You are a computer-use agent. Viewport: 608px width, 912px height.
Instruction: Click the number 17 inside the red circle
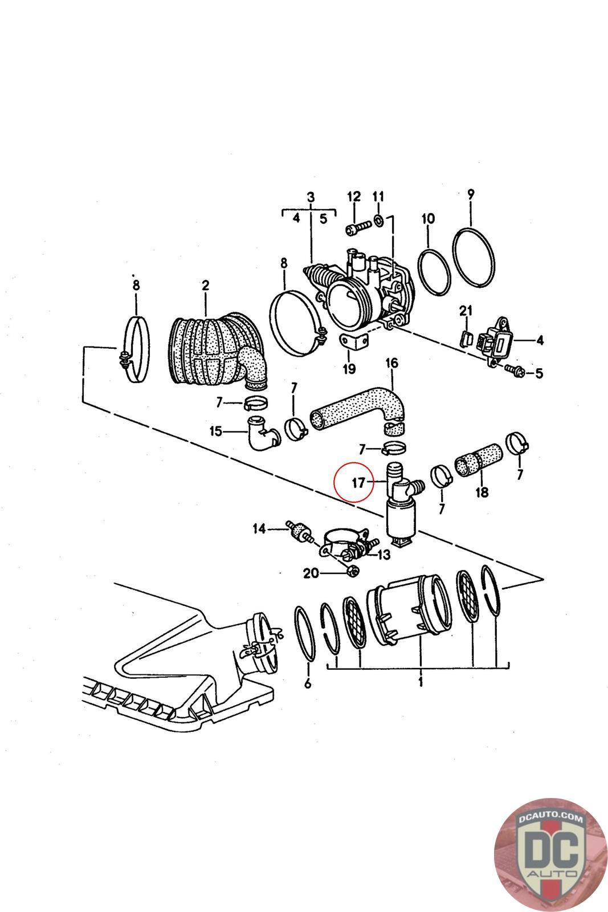tap(358, 483)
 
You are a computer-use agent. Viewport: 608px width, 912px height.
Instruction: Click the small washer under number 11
tap(379, 219)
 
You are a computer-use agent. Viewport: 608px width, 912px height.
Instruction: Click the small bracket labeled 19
tap(353, 344)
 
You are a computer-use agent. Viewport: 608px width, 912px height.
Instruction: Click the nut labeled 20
tap(352, 571)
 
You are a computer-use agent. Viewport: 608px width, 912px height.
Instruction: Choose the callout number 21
tap(466, 311)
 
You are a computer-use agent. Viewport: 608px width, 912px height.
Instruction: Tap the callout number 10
tap(428, 219)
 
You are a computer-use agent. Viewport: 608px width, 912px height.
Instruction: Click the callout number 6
tap(308, 683)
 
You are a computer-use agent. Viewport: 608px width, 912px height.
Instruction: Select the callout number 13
tap(383, 553)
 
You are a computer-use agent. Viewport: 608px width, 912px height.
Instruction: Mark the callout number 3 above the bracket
tap(311, 197)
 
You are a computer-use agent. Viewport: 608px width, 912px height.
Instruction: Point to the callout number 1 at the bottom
tap(421, 682)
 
